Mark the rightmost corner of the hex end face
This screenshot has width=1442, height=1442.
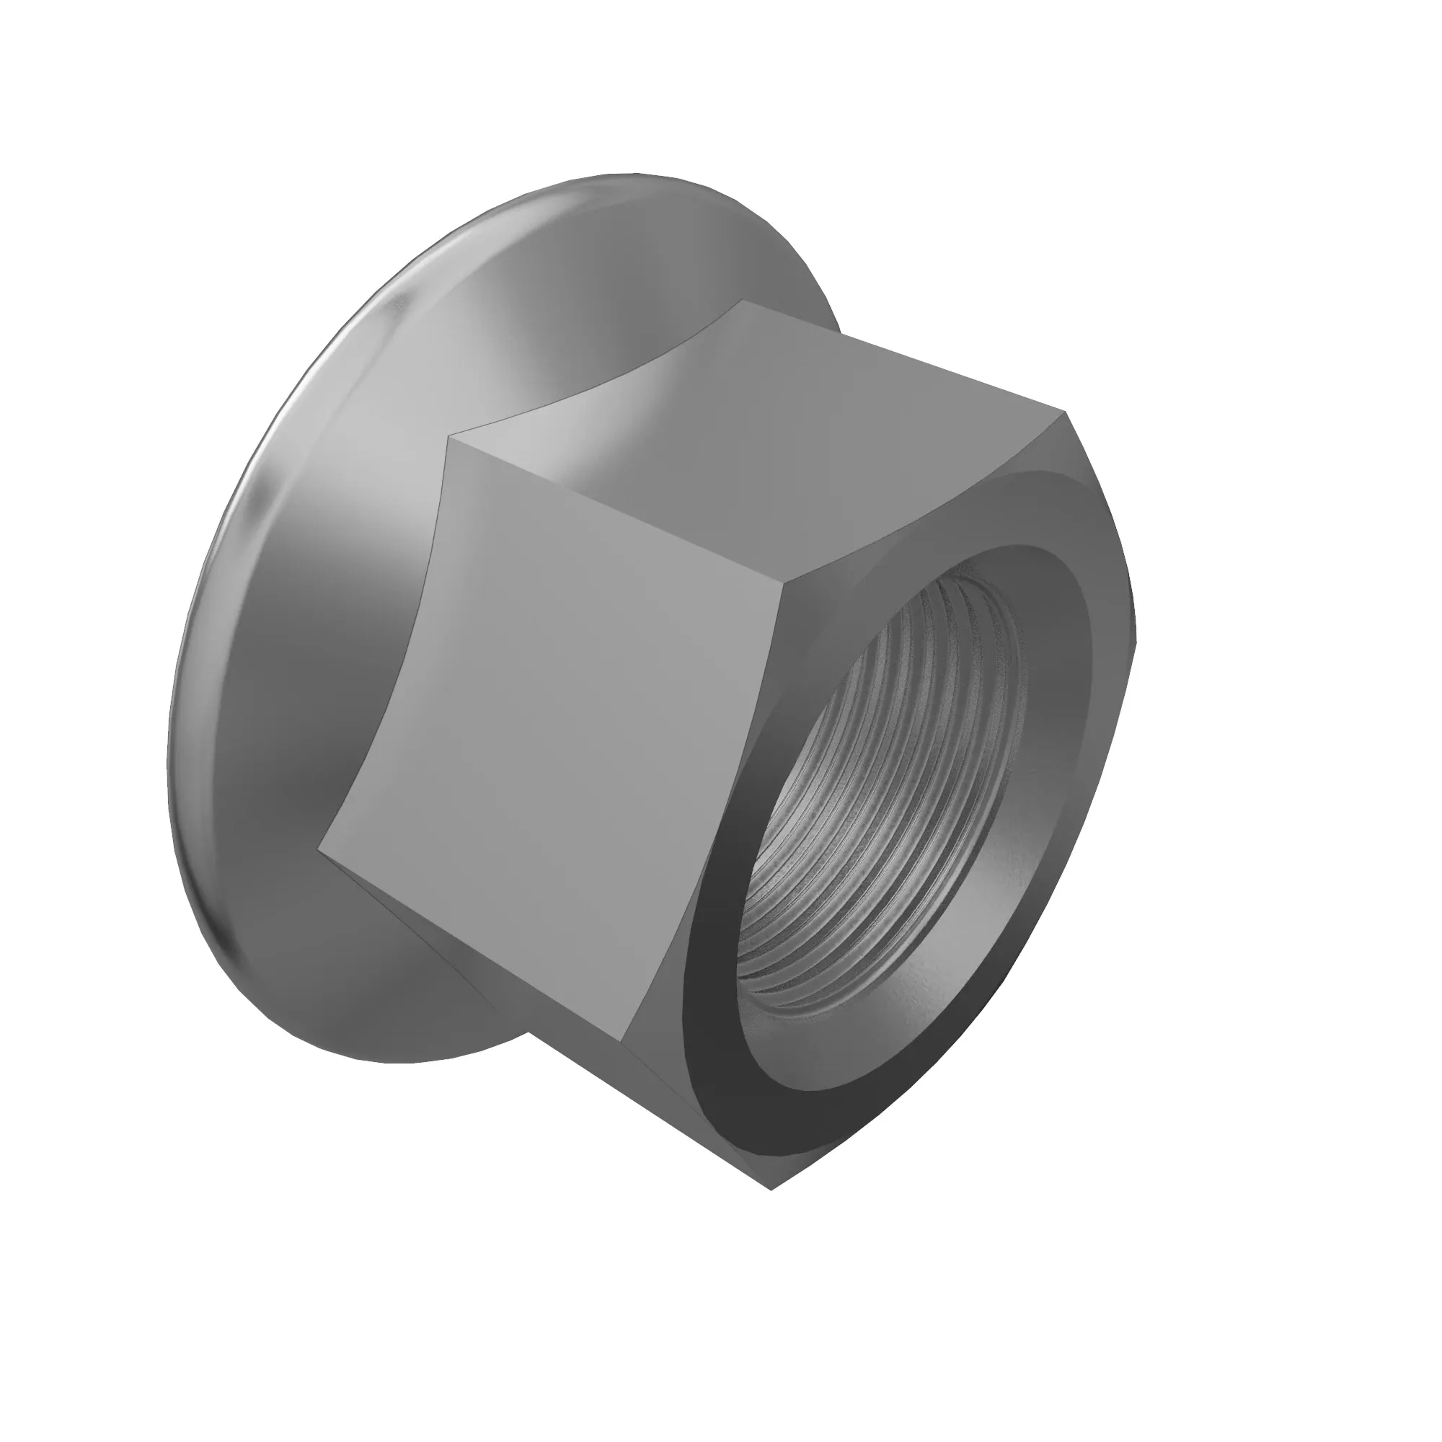[1136, 642]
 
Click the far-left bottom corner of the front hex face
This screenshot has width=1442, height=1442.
[319, 849]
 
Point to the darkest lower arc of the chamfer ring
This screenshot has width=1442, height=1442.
[739, 1075]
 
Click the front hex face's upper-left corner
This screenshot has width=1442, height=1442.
[448, 439]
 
